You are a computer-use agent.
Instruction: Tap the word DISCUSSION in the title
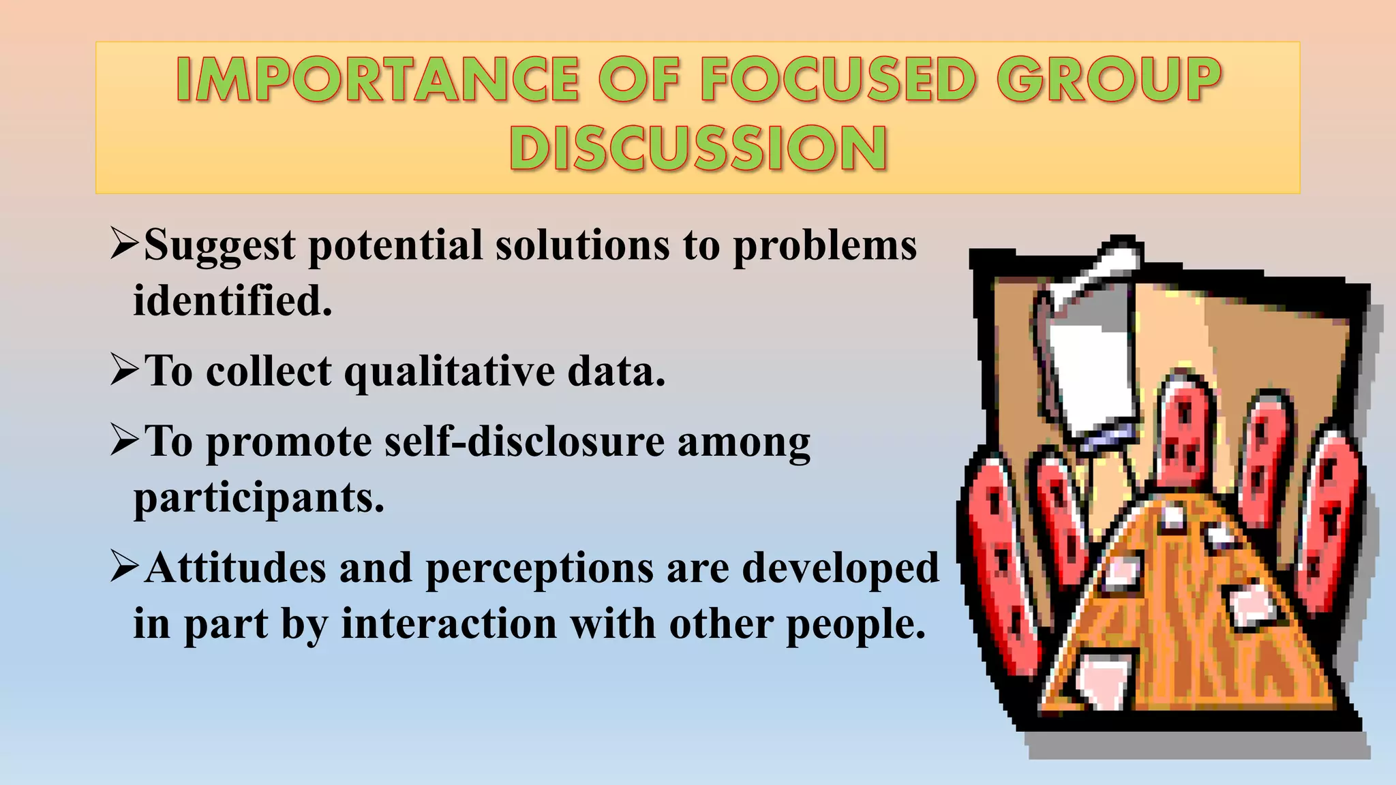tap(698, 149)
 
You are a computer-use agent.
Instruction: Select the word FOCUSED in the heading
tap(839, 80)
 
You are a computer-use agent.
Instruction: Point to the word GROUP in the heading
tap(1110, 80)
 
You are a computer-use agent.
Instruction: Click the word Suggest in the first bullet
tap(220, 246)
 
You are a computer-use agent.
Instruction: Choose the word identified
tap(232, 301)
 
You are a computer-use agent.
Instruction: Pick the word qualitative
tap(449, 373)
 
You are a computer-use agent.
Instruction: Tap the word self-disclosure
tap(524, 442)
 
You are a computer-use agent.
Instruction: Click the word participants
tap(259, 498)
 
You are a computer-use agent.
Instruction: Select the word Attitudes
tap(235, 568)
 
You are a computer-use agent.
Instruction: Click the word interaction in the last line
tap(449, 624)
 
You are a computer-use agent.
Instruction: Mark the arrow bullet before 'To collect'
tap(125, 371)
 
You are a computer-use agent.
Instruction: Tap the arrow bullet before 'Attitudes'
tap(125, 567)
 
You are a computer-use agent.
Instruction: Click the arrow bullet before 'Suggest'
tap(125, 244)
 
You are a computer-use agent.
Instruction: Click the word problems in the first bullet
tap(824, 246)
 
